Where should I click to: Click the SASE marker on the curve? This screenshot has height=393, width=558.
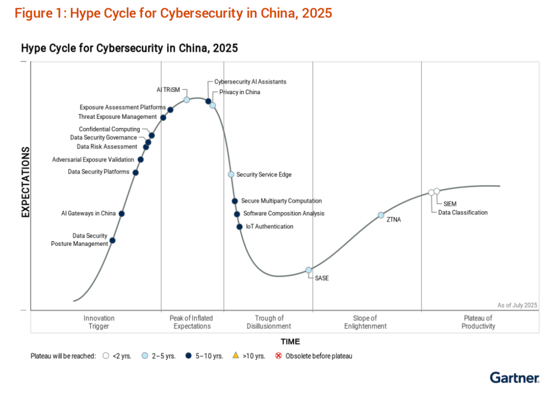click(308, 270)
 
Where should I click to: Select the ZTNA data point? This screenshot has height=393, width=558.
click(381, 215)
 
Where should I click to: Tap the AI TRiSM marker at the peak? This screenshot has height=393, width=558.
click(187, 100)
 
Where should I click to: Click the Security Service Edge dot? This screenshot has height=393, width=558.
click(231, 175)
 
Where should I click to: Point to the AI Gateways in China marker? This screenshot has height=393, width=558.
click(121, 213)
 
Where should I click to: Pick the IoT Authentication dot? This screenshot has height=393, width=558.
click(239, 227)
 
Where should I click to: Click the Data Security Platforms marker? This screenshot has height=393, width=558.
click(135, 172)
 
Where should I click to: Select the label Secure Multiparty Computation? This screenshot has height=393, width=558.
click(281, 201)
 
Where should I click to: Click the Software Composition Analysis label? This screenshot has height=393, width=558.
click(284, 214)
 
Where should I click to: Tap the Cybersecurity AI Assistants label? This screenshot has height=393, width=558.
click(250, 82)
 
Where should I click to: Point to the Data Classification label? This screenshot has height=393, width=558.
click(463, 212)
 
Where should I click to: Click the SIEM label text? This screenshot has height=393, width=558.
click(450, 204)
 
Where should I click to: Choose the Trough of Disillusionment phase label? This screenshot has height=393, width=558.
click(269, 322)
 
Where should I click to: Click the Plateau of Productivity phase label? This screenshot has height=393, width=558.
click(478, 322)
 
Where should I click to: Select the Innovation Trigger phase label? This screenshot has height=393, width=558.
click(99, 322)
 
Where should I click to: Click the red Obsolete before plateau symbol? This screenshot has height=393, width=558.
click(278, 355)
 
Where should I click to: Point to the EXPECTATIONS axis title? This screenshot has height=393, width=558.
click(25, 182)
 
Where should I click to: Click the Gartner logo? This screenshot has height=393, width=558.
click(514, 378)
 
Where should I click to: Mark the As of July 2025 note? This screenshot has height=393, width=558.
click(517, 305)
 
